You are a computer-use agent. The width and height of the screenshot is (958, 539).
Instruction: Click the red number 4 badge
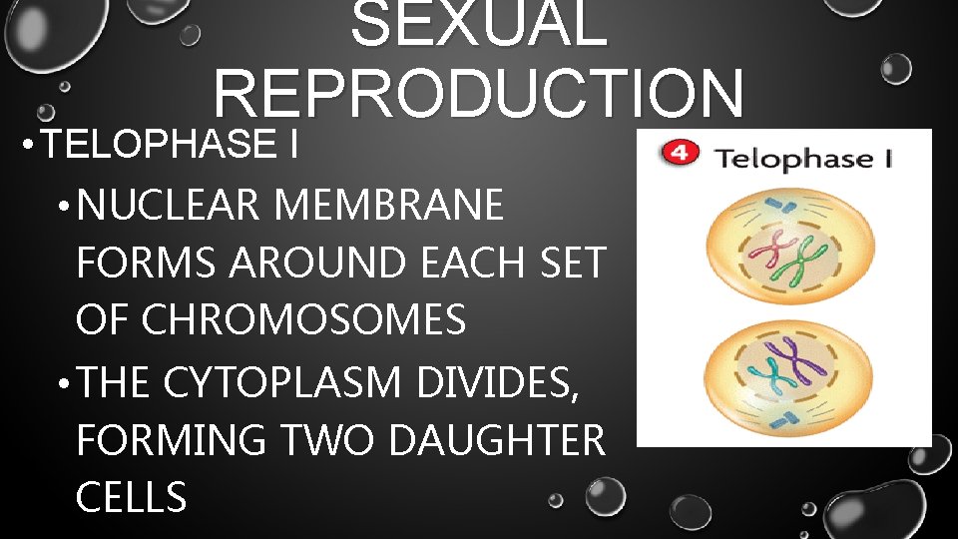pyautogui.click(x=680, y=156)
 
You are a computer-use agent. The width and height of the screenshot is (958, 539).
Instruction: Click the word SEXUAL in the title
pyautogui.click(x=478, y=24)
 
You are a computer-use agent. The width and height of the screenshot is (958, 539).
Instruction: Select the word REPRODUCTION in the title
pyautogui.click(x=478, y=94)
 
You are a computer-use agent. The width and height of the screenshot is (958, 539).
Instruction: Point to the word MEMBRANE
pyautogui.click(x=388, y=207)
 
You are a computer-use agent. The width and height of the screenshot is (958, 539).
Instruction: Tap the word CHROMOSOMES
pyautogui.click(x=304, y=320)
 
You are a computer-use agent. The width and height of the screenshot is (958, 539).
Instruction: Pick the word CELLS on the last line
pyautogui.click(x=131, y=496)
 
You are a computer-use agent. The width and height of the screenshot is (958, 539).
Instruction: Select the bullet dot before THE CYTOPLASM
pyautogui.click(x=63, y=382)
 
